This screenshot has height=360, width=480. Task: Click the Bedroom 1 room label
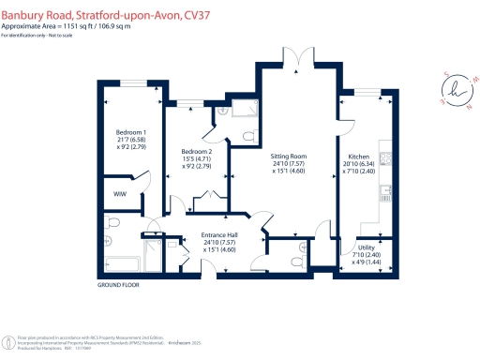[x=129, y=133]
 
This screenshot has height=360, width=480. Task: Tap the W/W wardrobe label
[x=119, y=195]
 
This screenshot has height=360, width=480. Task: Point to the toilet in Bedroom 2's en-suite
[x=247, y=138]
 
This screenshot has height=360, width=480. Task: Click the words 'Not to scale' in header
[x=64, y=35]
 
